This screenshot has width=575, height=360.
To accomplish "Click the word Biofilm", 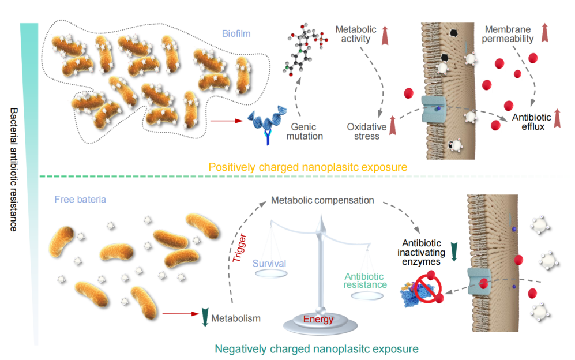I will (236, 33).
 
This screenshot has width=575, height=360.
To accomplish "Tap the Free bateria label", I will (80, 200).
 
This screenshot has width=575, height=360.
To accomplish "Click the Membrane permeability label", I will (509, 34).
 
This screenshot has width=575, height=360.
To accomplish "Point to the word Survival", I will (269, 264).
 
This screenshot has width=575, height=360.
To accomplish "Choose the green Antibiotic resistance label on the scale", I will (366, 280).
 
